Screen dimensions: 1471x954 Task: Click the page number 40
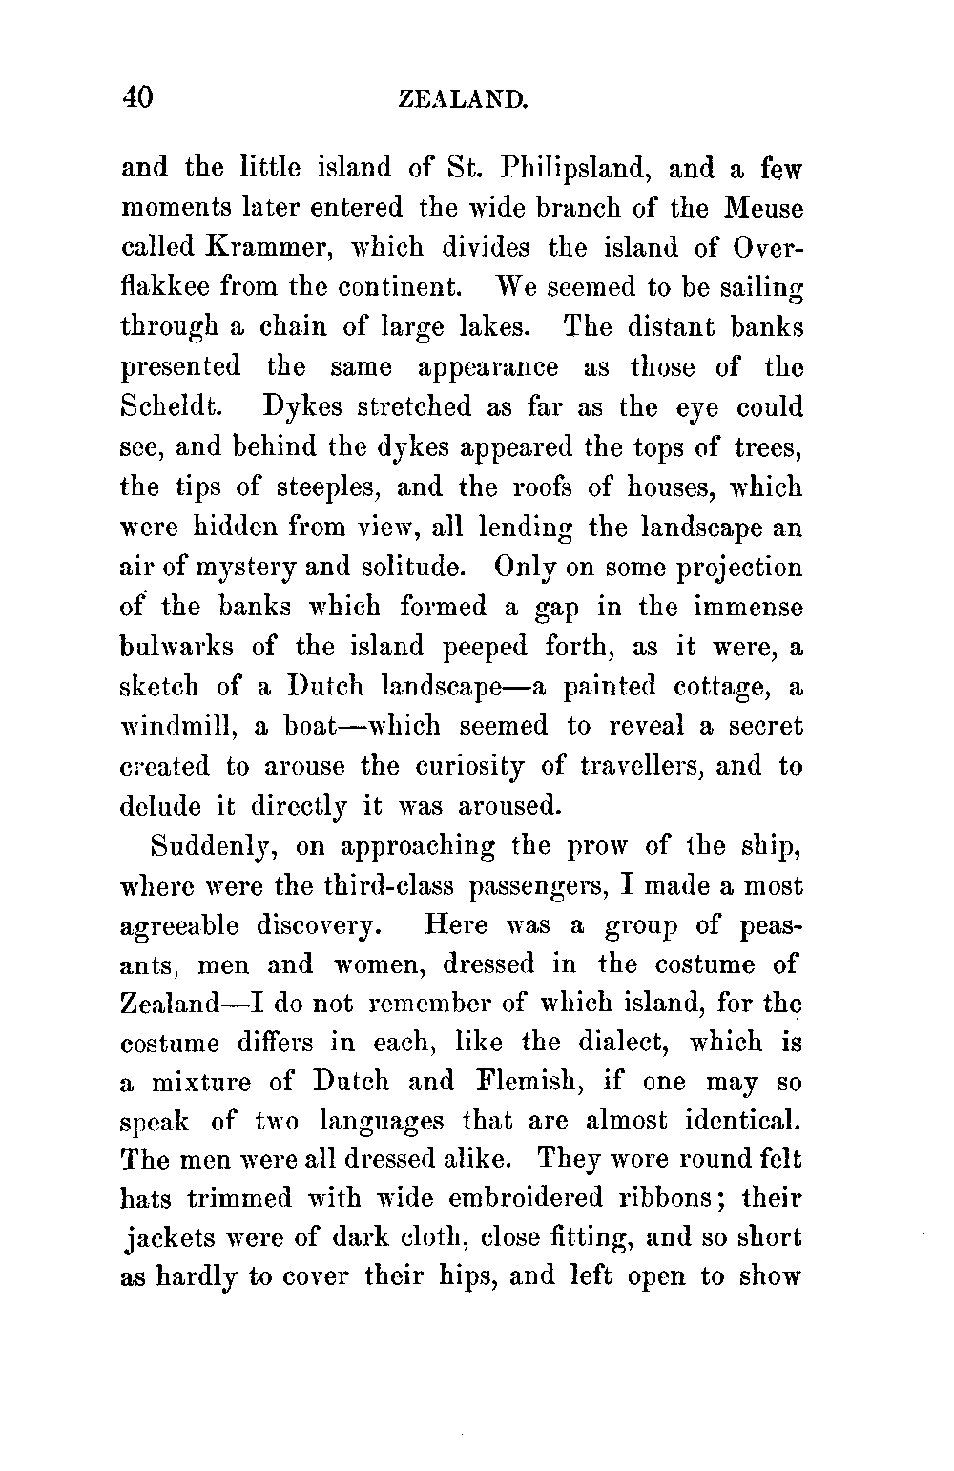138,96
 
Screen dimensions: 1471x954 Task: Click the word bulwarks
178,648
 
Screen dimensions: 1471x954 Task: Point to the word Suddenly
212,848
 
